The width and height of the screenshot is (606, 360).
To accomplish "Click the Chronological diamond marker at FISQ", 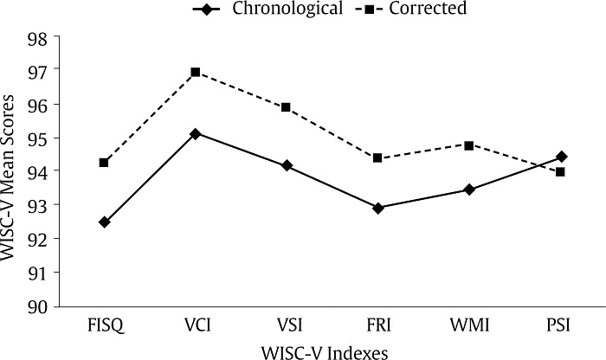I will pos(105,222).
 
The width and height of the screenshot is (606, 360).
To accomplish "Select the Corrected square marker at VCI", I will pos(196,72).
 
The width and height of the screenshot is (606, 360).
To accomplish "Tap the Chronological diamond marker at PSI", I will pos(561,157).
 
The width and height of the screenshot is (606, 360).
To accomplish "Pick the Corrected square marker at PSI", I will pos(560,172).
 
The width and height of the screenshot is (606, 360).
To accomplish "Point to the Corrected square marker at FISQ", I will pos(105,163).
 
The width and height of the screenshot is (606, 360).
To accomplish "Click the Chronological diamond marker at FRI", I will pos(377,208).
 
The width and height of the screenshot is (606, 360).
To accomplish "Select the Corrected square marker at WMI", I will pos(469,145).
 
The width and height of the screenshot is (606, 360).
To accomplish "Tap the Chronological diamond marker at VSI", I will pos(287,165).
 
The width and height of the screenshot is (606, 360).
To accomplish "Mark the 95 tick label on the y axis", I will pos(39,138).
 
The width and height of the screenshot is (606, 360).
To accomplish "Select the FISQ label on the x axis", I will pos(105,326).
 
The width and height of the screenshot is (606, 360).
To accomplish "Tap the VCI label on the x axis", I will pos(196,326).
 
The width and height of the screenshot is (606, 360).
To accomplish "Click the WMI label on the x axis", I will pos(469,326).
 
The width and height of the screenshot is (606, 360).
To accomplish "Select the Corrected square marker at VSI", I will pos(287,107).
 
